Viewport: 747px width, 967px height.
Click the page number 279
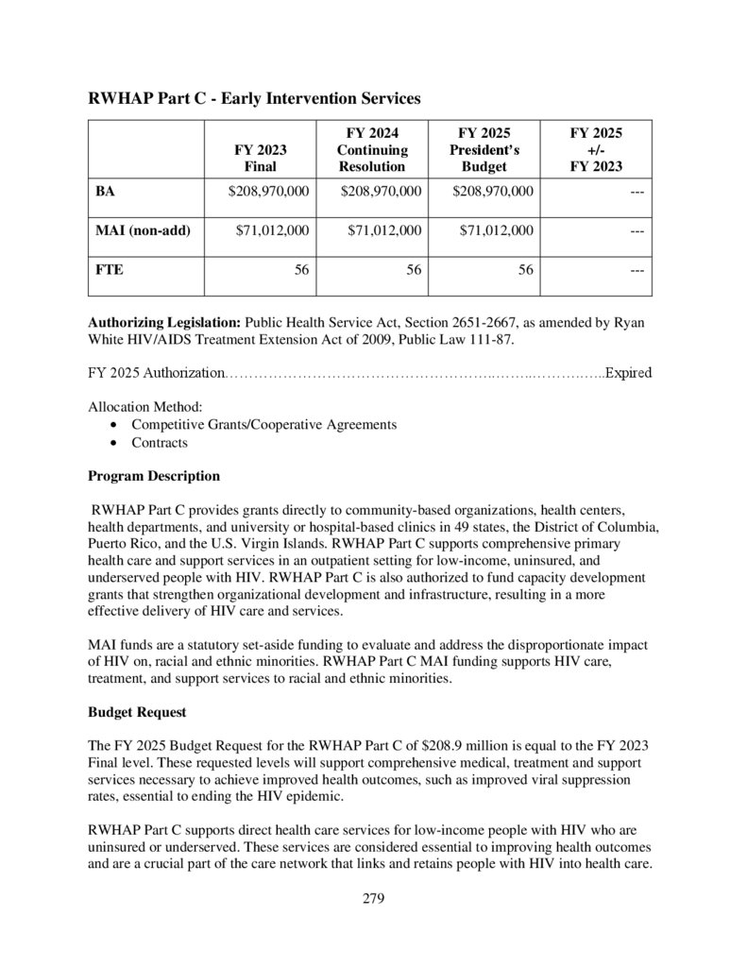(373, 898)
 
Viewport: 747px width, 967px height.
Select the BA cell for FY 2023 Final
(268, 192)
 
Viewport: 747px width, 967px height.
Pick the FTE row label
(110, 269)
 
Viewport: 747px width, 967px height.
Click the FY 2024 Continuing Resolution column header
(372, 150)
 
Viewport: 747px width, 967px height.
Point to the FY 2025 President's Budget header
(484, 150)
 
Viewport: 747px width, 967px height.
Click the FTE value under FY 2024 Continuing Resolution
(414, 269)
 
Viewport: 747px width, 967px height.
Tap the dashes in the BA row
(637, 192)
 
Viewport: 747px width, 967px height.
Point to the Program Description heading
(154, 476)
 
